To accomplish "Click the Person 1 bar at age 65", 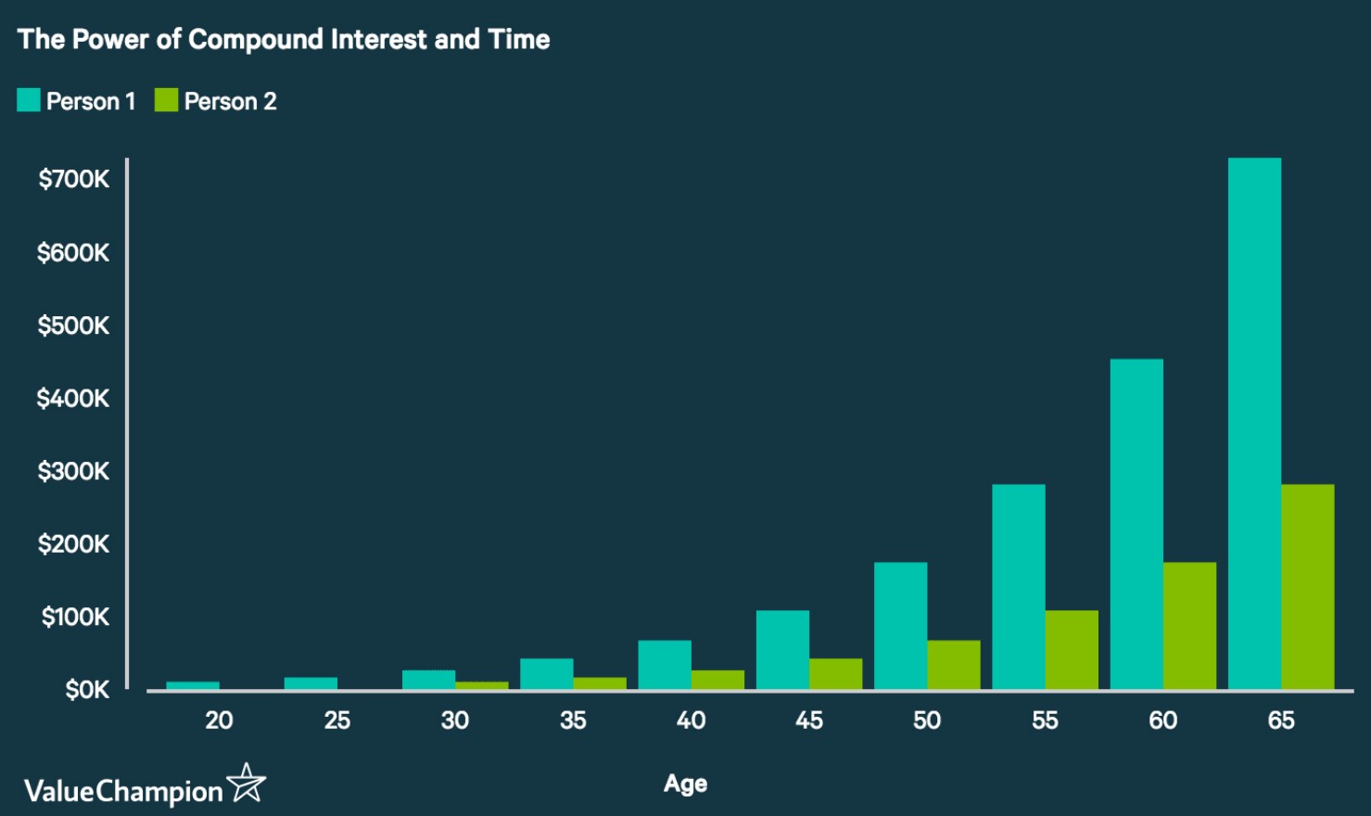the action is click(1254, 424).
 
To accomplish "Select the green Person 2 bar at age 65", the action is click(1307, 587).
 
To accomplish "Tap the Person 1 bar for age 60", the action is click(1136, 524).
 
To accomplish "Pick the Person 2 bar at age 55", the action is click(1072, 650).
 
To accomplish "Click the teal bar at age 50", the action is click(900, 626).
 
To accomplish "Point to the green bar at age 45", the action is click(835, 674).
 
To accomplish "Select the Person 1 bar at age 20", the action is click(193, 685).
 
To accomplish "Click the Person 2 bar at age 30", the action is click(482, 685).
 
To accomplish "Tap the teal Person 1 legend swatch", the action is click(29, 100).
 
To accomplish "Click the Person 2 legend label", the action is click(230, 102).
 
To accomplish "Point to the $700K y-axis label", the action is click(74, 179).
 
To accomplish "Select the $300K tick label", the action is click(74, 471).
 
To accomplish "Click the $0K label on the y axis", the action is click(87, 690).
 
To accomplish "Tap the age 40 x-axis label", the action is click(691, 720).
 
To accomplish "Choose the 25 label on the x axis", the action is click(337, 720).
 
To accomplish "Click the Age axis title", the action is click(686, 784).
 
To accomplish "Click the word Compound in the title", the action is click(256, 40).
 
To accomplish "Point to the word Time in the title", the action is click(519, 39).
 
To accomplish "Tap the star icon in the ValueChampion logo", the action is click(246, 783).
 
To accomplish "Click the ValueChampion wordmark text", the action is click(123, 792).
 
